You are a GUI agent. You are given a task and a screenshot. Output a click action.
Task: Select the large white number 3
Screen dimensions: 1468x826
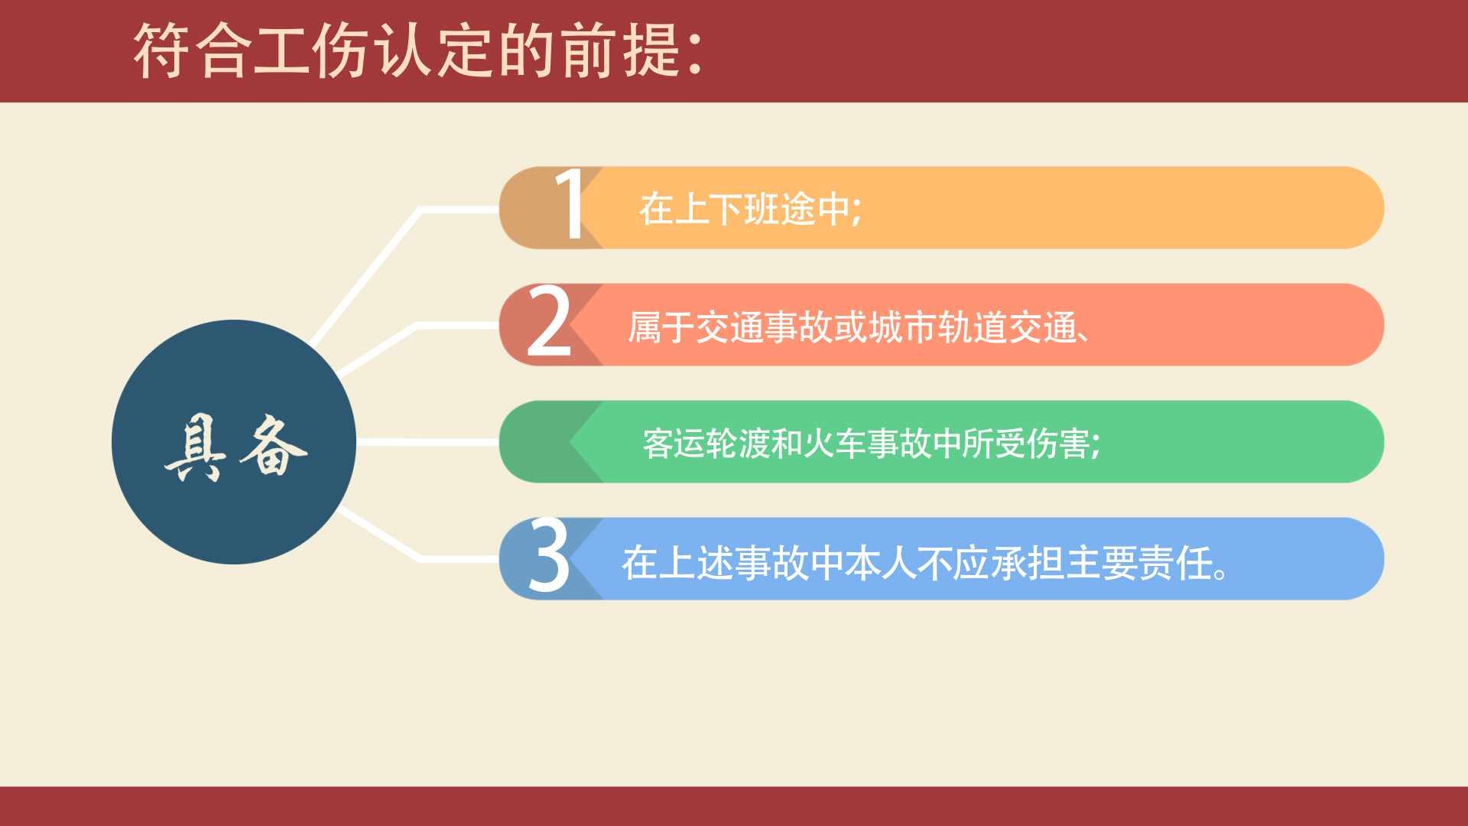[x=550, y=555]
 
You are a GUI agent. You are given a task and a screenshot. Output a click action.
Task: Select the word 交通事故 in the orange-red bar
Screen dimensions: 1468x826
[x=764, y=327]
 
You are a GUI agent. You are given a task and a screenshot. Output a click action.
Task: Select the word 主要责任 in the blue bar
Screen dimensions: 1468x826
[x=1139, y=563]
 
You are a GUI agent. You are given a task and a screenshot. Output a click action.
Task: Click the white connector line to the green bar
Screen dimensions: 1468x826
[x=428, y=442]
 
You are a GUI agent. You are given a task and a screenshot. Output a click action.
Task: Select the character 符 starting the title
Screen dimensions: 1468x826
[x=162, y=50]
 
